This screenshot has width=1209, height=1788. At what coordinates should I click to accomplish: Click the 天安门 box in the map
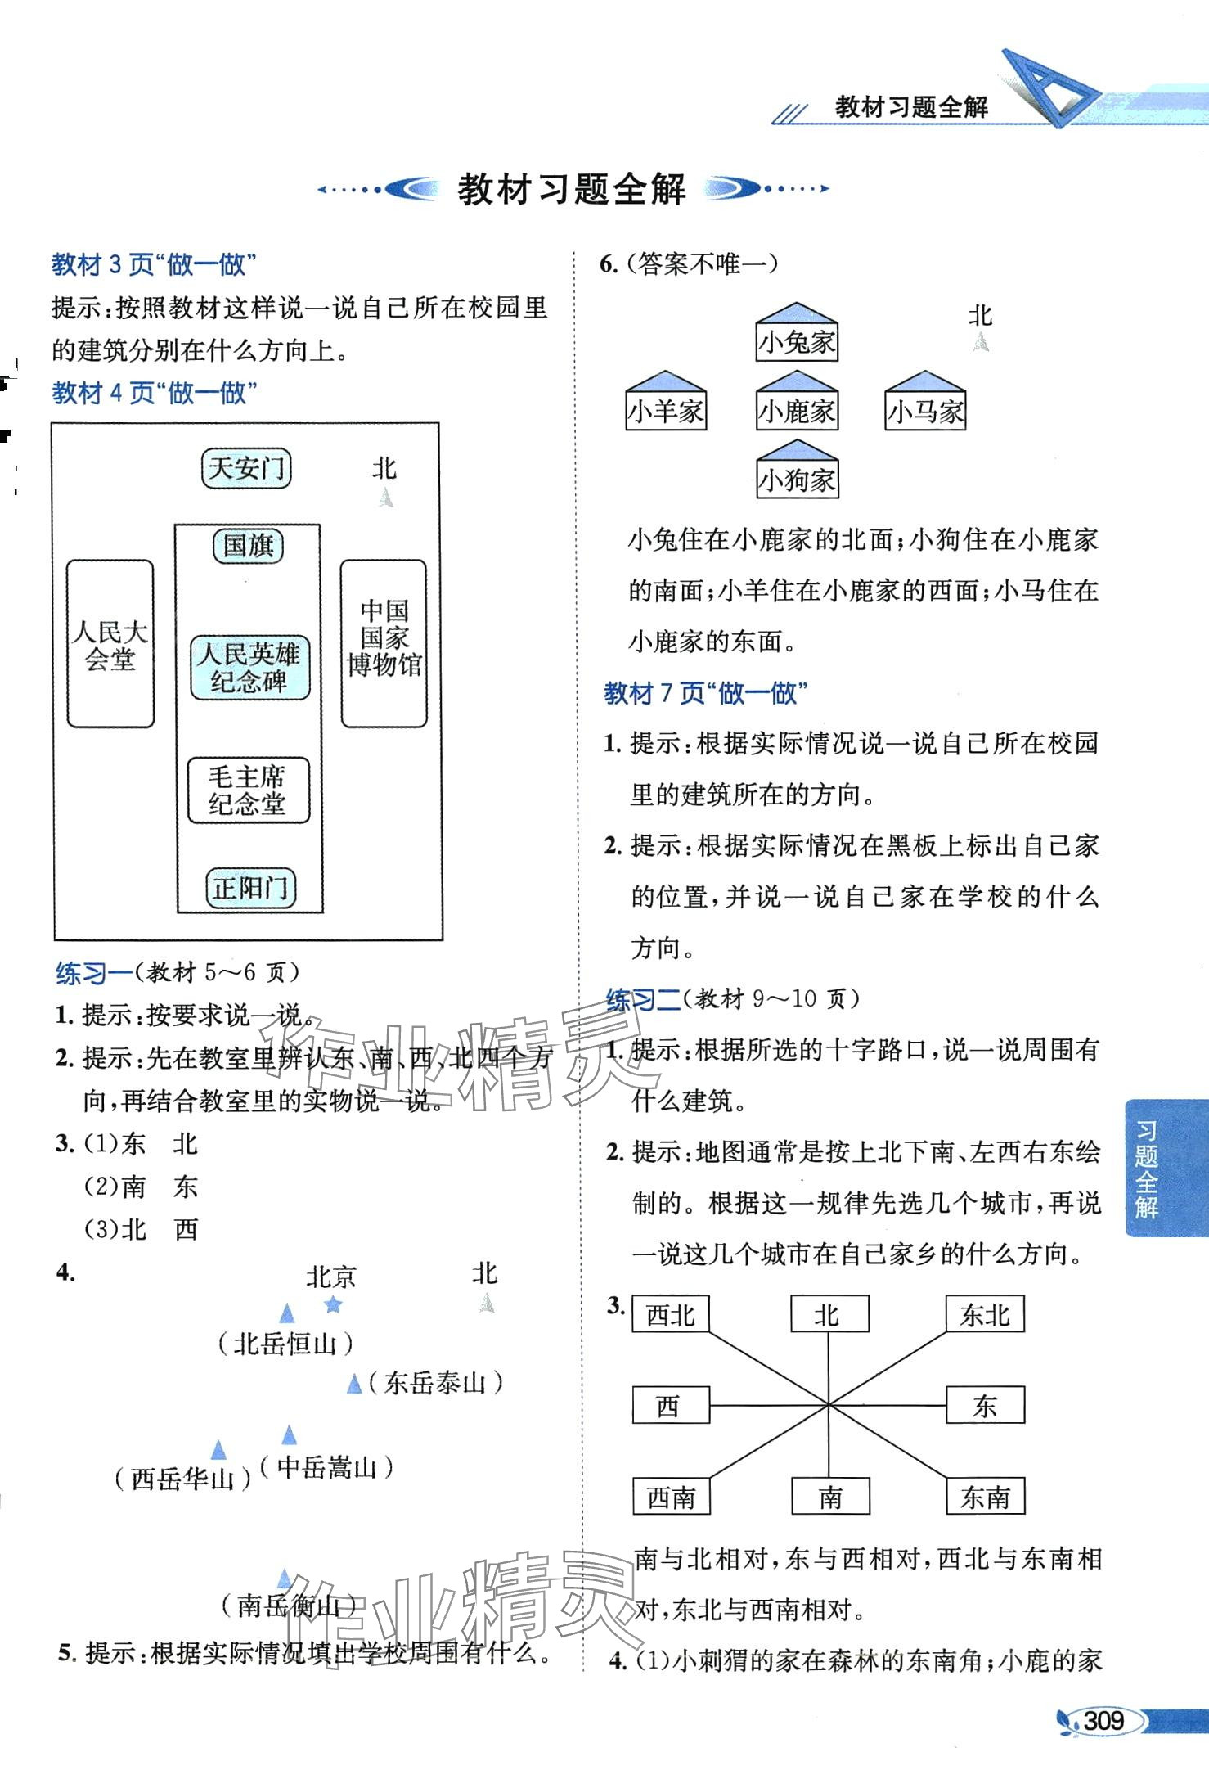246,469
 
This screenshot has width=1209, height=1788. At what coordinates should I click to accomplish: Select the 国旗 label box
248,546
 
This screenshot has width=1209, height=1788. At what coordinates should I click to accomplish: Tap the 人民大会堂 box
110,644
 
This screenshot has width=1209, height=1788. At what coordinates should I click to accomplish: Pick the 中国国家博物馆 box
384,644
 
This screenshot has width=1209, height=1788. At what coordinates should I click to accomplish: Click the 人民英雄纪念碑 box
249,668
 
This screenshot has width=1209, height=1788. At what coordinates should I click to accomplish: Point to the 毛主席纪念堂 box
248,790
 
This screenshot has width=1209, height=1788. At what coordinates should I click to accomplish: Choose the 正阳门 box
250,888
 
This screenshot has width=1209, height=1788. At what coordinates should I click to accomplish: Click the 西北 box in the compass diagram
670,1314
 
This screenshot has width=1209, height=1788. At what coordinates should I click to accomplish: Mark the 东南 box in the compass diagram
985,1497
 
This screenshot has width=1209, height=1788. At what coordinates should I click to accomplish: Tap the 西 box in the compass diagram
670,1406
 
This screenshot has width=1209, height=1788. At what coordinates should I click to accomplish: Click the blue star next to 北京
333,1304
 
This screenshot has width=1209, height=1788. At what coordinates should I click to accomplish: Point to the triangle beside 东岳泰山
354,1383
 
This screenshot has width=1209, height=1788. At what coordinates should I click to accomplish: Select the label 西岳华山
182,1479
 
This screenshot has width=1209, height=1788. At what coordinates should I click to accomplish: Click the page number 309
1103,1720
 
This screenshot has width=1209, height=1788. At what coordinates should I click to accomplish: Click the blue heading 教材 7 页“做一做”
706,694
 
